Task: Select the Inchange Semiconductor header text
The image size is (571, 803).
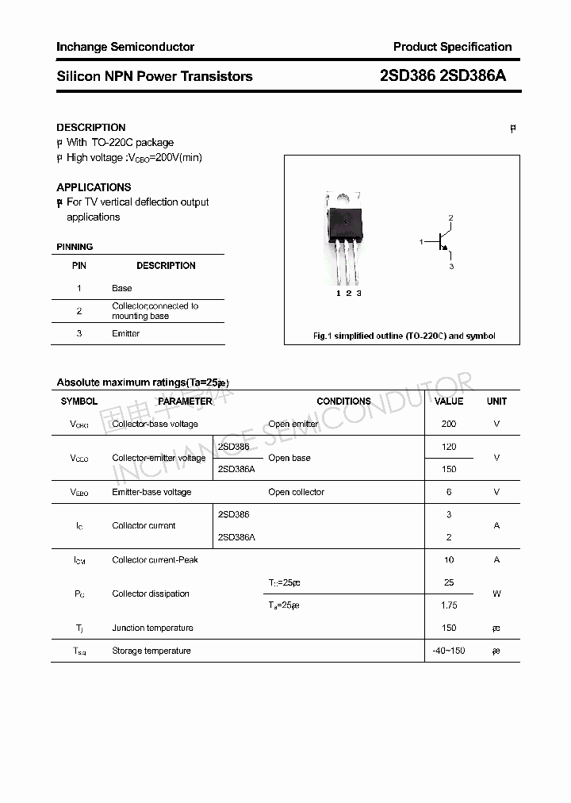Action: [x=125, y=47]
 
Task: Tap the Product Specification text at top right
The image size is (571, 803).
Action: [x=452, y=47]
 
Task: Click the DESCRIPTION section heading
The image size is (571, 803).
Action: [x=91, y=127]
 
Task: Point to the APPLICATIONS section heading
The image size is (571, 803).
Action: [x=94, y=187]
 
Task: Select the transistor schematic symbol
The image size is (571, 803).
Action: [x=439, y=241]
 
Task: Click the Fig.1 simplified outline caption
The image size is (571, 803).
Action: [x=404, y=336]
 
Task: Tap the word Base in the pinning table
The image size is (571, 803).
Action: [x=121, y=288]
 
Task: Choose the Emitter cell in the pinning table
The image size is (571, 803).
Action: [x=125, y=333]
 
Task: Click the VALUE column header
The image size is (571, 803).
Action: [x=449, y=401]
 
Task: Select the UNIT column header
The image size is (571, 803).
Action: [x=496, y=401]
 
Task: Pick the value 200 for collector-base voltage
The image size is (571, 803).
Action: [x=449, y=424]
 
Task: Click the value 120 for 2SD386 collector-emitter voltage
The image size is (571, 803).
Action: [x=449, y=447]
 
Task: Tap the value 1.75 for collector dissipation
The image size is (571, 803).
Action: [x=449, y=605]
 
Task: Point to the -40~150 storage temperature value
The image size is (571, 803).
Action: [x=449, y=651]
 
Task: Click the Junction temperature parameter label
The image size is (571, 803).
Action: [x=152, y=628]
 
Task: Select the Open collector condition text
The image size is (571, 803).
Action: [x=297, y=492]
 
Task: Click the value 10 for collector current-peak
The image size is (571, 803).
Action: [x=449, y=559]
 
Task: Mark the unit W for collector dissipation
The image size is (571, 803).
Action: [x=496, y=594]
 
